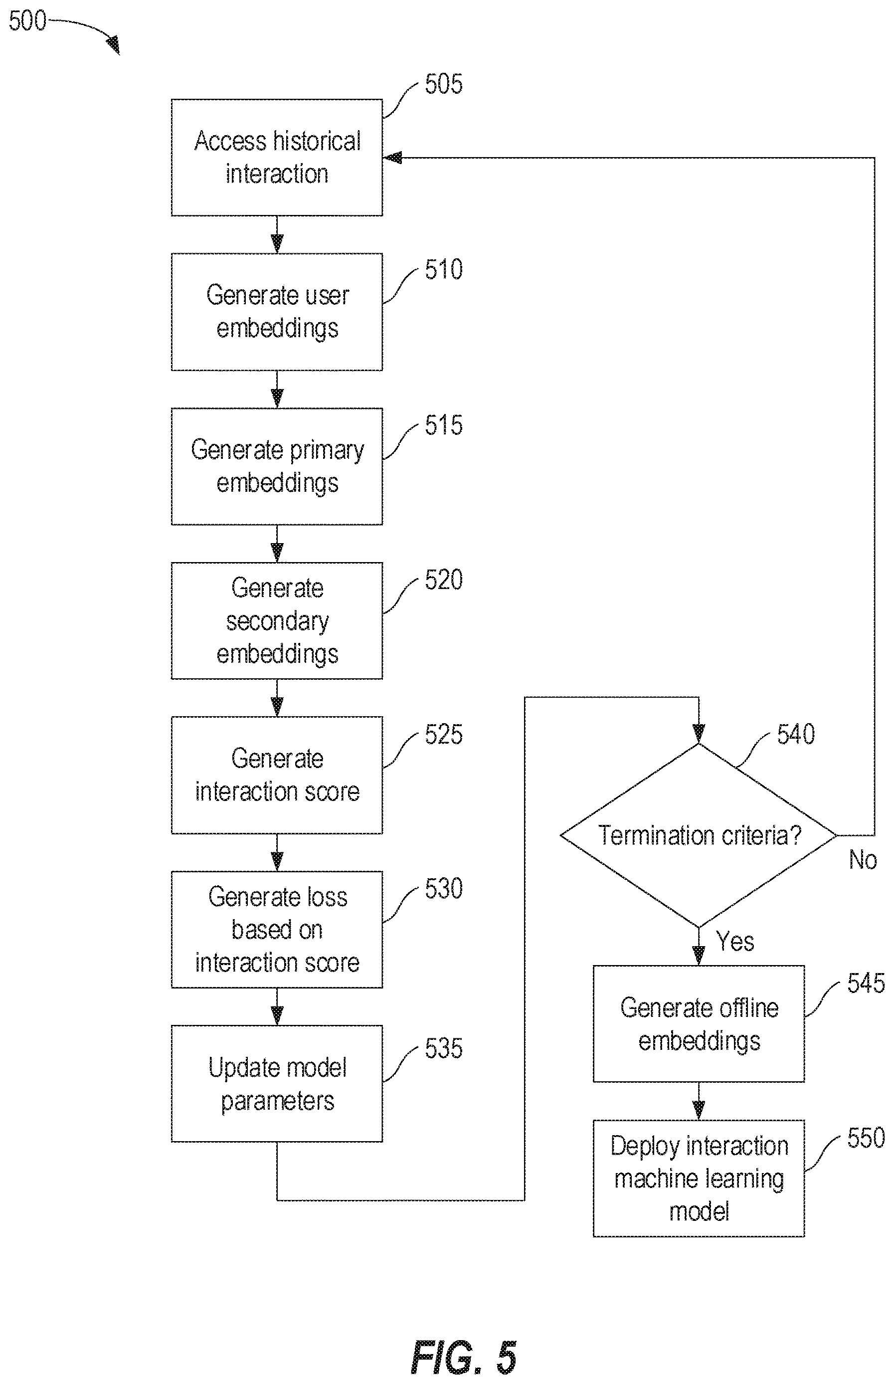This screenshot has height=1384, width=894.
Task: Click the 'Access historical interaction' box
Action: click(277, 157)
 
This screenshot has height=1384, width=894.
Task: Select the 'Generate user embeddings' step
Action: click(277, 312)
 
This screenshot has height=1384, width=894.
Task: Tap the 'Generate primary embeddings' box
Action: click(277, 466)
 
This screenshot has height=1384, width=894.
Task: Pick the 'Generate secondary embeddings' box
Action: click(277, 620)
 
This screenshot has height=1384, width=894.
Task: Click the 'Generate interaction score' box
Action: click(277, 775)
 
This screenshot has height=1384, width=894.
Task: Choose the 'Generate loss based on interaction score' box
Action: click(277, 930)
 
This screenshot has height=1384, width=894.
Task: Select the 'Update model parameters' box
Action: click(277, 1084)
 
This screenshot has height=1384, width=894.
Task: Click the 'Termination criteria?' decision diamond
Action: click(699, 835)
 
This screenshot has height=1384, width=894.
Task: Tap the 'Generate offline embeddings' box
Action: click(699, 1024)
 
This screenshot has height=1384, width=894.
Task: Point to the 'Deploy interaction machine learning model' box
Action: click(699, 1179)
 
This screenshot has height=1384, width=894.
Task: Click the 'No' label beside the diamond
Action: click(863, 860)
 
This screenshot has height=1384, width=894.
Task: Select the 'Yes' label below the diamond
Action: click(735, 941)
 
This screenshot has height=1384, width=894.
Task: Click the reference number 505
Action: click(444, 84)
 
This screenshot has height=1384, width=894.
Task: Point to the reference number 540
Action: click(796, 734)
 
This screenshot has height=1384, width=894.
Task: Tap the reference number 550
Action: click(866, 1138)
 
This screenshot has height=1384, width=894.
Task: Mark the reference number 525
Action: click(444, 734)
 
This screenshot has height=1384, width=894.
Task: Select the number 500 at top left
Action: click(27, 21)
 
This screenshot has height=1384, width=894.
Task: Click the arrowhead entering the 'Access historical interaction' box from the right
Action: click(393, 157)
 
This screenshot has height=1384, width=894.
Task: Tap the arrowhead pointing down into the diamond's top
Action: click(699, 734)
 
